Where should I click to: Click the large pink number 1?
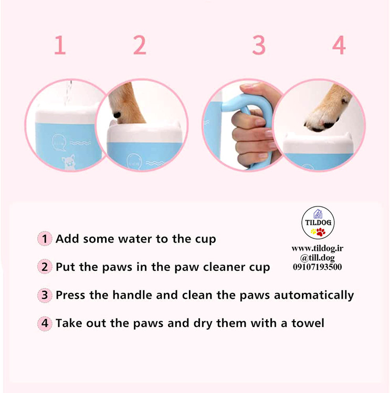point(60,45)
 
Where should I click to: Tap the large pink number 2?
point(140,45)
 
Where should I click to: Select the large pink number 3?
point(259,45)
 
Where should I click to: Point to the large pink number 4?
point(339,45)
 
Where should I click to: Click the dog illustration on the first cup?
point(69,162)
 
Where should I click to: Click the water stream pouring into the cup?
point(68,93)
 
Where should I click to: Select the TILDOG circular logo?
point(318,223)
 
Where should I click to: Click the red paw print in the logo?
point(321,232)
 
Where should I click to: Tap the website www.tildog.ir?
point(318,248)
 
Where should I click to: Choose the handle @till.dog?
point(318,258)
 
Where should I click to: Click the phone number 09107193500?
point(318,267)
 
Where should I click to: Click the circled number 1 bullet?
point(45,238)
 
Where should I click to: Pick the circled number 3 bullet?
point(45,295)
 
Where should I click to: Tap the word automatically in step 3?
point(314,296)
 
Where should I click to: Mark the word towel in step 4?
point(308,323)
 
